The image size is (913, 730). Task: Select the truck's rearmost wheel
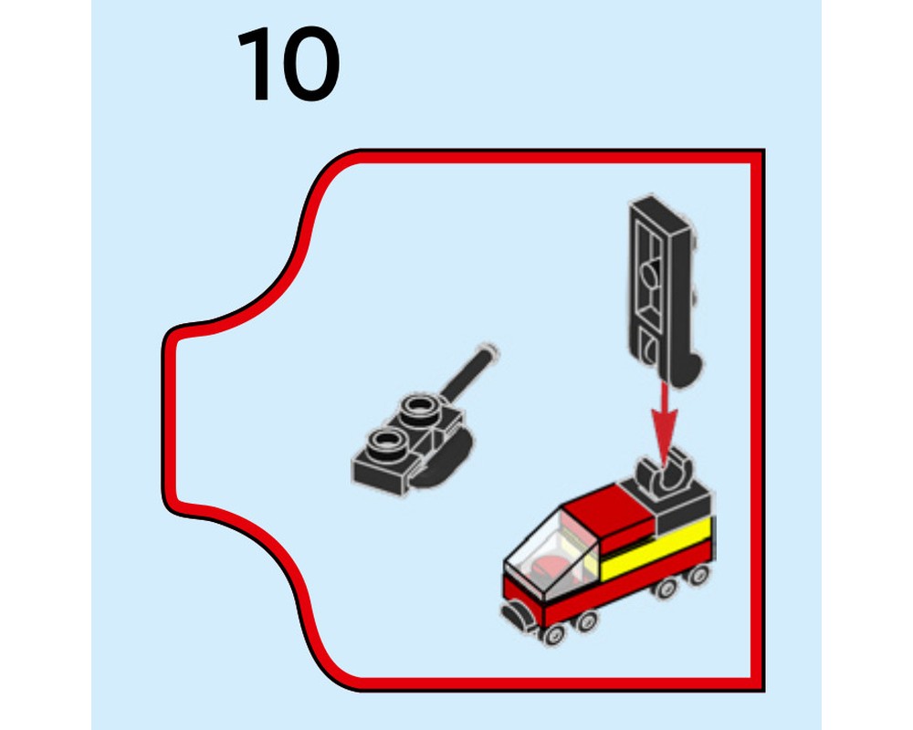click(x=698, y=575)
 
